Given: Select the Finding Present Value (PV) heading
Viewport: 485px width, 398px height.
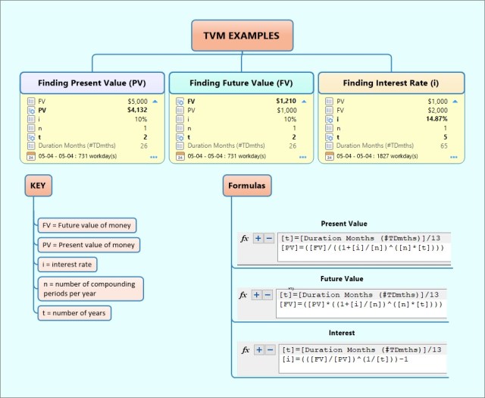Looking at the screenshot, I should click(92, 83).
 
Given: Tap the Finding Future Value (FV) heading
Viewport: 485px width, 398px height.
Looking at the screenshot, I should click(241, 83).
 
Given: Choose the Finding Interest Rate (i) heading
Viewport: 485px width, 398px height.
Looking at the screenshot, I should click(390, 83).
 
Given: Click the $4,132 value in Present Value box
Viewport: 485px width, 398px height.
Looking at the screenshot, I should click(137, 110).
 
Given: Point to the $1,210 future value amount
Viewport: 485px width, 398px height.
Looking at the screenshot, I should click(286, 101).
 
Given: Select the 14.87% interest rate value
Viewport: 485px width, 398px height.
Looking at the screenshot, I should click(436, 119).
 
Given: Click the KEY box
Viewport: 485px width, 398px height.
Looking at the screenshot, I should click(37, 186).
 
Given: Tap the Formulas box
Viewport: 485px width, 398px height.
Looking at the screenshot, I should click(248, 186).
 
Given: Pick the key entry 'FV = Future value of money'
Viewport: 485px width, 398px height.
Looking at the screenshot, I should click(87, 225).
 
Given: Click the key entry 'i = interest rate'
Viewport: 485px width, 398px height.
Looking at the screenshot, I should click(68, 265).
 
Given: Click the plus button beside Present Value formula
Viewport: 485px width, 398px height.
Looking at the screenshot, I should click(258, 238).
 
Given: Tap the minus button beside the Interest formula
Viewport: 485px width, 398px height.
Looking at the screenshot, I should click(269, 349).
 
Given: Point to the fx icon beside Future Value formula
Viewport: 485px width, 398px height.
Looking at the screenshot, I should click(245, 294).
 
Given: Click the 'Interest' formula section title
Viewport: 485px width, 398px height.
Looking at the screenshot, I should click(342, 333).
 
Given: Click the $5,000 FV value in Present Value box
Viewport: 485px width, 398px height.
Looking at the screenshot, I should click(137, 101).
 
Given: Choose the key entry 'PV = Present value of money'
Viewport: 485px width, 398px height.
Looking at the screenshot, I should click(89, 245).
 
